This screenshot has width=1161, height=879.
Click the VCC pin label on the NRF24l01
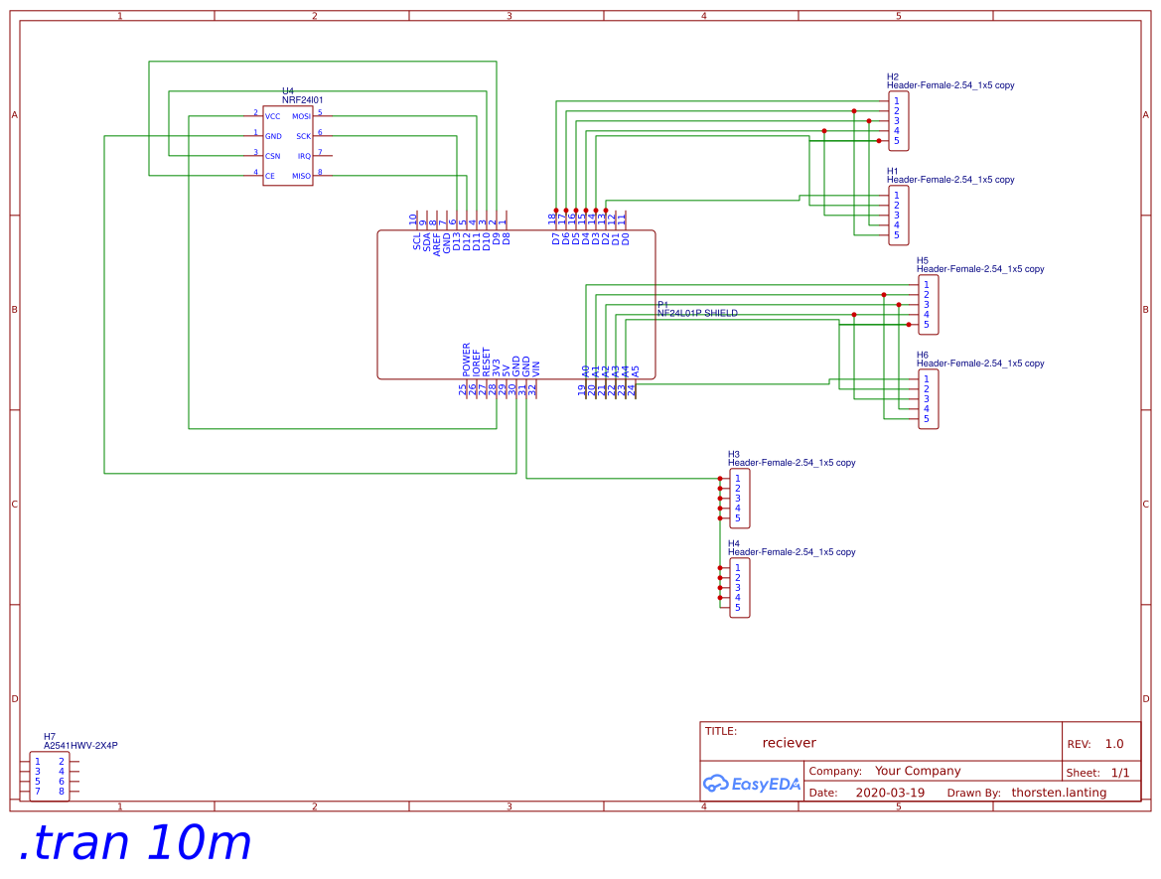pos(272,117)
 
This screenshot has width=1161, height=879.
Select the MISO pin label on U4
pos(301,177)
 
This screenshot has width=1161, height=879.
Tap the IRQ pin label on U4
pos(304,157)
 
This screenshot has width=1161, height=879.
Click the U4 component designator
pos(288,90)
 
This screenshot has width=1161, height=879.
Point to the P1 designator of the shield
pos(663,304)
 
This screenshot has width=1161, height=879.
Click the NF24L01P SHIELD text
pos(697,313)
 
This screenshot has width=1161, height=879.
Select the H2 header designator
pos(893,76)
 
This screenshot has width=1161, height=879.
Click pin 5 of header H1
pos(896,235)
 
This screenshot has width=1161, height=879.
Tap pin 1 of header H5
pos(926,285)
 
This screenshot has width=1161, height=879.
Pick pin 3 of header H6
pos(926,399)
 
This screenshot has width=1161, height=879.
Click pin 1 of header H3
pos(737,479)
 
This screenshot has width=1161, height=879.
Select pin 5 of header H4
pos(737,608)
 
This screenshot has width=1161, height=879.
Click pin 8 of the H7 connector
pos(62,792)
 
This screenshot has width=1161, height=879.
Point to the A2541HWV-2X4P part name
pos(80,745)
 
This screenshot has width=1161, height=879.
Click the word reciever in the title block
pos(789,743)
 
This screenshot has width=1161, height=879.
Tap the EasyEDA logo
pos(751,784)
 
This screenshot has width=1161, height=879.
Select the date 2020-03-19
pos(889,793)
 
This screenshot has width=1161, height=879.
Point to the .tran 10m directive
pos(135,843)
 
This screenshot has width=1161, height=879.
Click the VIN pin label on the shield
pos(536,366)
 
